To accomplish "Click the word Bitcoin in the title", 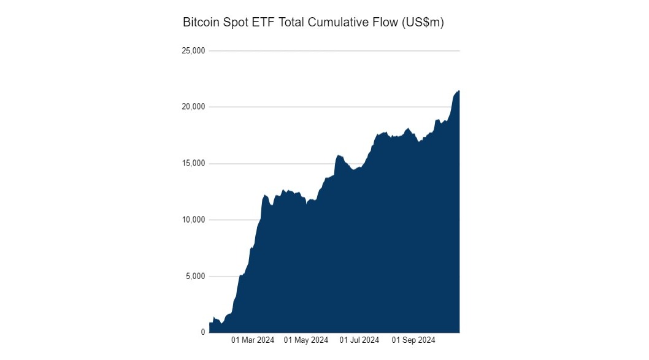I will click(x=200, y=23).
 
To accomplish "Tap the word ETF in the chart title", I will click(x=261, y=23).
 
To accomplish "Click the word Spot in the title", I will click(x=234, y=23).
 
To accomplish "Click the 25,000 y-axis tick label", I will click(x=193, y=51).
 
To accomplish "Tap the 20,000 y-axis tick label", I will click(x=193, y=107).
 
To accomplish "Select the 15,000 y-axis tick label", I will click(x=193, y=164).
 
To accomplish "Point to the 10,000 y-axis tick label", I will click(x=193, y=220).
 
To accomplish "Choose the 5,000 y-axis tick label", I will click(x=195, y=277).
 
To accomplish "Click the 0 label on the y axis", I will click(x=202, y=332).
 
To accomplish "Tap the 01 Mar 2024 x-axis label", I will click(x=253, y=340).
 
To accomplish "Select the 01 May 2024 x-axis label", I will click(x=306, y=340).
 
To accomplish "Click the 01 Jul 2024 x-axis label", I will click(x=359, y=340).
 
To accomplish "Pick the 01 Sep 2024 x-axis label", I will click(x=414, y=340).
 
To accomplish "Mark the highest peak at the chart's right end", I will click(x=458, y=91).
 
